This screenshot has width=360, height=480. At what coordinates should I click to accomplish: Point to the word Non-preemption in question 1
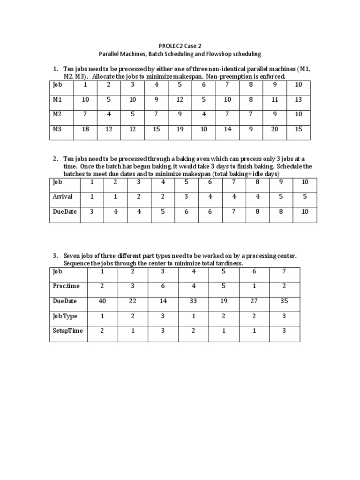228,76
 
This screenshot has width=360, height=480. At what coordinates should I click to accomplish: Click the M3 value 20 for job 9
275,129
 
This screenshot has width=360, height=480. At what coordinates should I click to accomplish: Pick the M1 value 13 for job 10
299,99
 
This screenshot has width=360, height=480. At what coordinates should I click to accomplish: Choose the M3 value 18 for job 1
85,129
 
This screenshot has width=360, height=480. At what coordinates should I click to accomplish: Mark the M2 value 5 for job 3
133,114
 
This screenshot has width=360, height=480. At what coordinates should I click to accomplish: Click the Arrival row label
62,197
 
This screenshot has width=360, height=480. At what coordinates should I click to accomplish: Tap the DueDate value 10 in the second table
305,212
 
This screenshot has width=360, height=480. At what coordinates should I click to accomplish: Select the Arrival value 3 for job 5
186,197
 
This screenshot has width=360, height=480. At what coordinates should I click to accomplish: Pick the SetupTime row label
67,331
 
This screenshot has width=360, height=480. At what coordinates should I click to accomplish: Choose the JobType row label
65,316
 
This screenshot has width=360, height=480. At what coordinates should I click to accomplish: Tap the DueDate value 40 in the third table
102,301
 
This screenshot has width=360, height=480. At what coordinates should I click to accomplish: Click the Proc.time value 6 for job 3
163,286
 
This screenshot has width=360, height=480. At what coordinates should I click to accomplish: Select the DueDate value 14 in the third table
163,301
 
